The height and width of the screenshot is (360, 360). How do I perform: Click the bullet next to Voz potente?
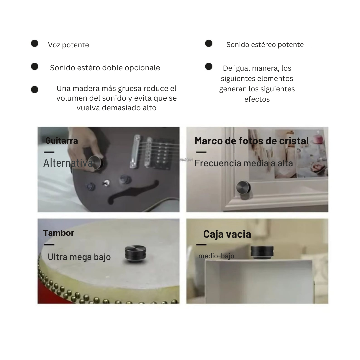[35, 43]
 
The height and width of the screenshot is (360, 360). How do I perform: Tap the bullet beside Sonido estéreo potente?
[209, 43]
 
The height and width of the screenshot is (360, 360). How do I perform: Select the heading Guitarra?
[62, 141]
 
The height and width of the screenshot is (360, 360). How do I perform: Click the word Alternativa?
[68, 163]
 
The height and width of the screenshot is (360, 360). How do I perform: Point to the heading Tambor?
[59, 233]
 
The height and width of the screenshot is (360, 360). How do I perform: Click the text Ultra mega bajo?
[79, 257]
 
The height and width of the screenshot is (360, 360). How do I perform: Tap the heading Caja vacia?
[227, 234]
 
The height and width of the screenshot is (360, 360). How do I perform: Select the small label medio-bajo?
[216, 256]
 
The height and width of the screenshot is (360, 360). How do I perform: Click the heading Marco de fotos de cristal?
[252, 141]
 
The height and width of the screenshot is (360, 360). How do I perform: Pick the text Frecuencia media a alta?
[244, 163]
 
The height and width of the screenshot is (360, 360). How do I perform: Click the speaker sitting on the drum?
[135, 254]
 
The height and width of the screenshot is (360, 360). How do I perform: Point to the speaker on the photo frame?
[243, 188]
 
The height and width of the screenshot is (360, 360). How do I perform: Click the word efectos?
[257, 99]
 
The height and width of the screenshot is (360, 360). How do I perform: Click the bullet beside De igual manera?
[209, 67]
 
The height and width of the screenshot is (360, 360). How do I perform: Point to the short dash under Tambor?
[49, 245]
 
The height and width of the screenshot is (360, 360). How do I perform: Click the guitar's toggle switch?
[106, 183]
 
